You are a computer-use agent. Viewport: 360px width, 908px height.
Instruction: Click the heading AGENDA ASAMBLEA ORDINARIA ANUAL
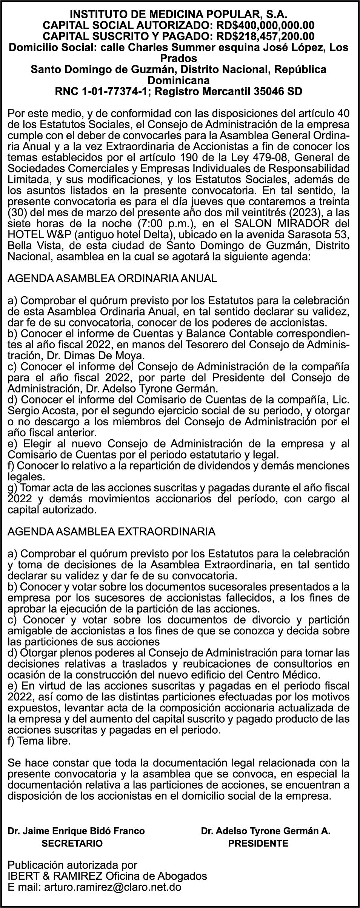click(112, 279)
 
